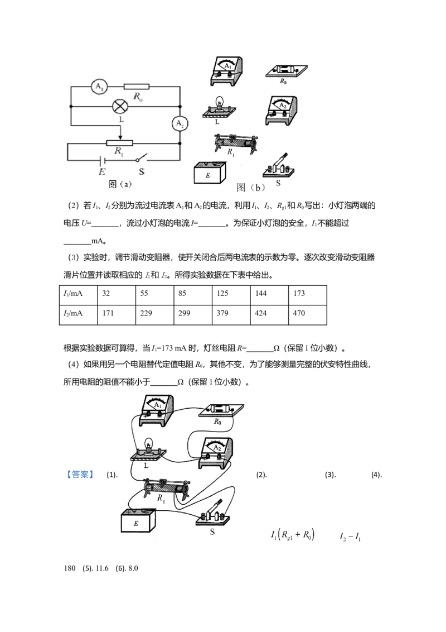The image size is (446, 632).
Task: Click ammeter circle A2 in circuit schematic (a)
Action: pyautogui.click(x=180, y=123)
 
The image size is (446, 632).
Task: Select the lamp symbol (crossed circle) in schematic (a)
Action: pyautogui.click(x=119, y=107)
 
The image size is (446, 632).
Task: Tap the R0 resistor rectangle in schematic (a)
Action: pyautogui.click(x=136, y=87)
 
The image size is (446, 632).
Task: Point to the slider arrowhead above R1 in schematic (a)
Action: pyautogui.click(x=120, y=137)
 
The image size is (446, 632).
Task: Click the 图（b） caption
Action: pyautogui.click(x=251, y=188)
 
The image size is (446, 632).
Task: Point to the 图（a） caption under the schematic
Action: pyautogui.click(x=120, y=184)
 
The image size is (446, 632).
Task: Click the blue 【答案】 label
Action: pyautogui.click(x=80, y=475)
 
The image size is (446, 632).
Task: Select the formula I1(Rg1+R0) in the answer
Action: pyautogui.click(x=293, y=535)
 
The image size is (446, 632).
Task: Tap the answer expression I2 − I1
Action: pyautogui.click(x=350, y=537)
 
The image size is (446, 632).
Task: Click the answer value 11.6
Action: pyautogui.click(x=101, y=568)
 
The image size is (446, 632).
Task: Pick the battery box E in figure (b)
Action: pyautogui.click(x=210, y=173)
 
